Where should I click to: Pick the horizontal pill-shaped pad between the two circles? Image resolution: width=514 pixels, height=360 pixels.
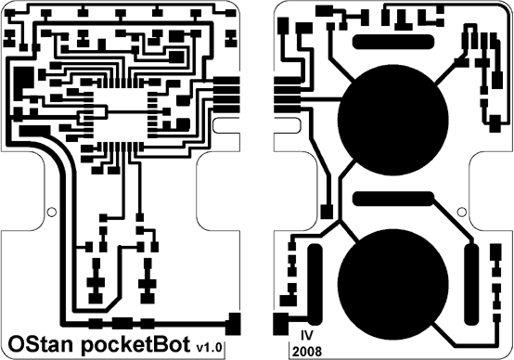click(x=393, y=199)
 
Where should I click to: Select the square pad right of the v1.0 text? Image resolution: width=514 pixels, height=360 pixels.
click(x=234, y=324)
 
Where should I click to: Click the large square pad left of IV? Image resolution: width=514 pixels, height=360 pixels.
click(x=279, y=325)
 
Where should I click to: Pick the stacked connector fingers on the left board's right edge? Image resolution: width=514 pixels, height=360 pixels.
click(x=225, y=92)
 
